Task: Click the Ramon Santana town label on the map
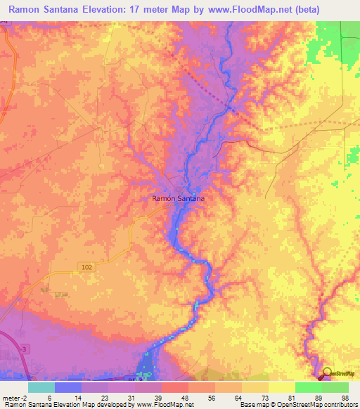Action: (179, 199)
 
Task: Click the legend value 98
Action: (345, 397)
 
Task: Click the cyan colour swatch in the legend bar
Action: (41, 387)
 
